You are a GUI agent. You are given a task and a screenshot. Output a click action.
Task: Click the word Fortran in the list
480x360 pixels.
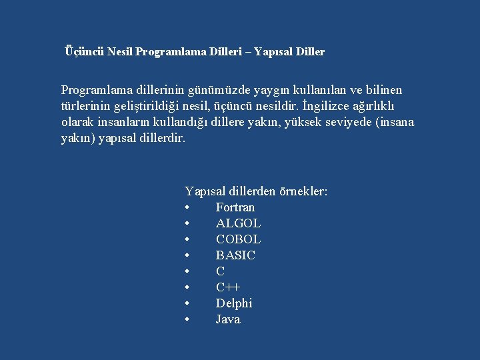tap(235, 207)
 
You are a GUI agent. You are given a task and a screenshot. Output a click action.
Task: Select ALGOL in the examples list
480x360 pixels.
tap(238, 223)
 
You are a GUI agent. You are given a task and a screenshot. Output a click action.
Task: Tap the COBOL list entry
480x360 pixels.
tap(238, 239)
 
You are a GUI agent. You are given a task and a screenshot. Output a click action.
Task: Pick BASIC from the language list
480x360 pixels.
tap(235, 255)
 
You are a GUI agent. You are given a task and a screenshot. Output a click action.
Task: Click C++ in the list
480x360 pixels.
tap(228, 287)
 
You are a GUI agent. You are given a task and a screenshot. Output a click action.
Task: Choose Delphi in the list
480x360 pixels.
tap(234, 303)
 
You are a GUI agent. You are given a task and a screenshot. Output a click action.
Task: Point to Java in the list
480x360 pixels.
tap(228, 319)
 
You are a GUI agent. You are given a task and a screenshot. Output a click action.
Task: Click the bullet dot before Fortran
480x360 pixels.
tap(188, 207)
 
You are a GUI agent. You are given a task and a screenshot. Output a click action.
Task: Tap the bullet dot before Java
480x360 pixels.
tap(188, 319)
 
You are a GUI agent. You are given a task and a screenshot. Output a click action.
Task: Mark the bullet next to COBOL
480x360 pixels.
tap(188, 239)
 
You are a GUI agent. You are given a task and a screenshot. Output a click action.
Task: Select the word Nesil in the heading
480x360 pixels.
tap(119, 51)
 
